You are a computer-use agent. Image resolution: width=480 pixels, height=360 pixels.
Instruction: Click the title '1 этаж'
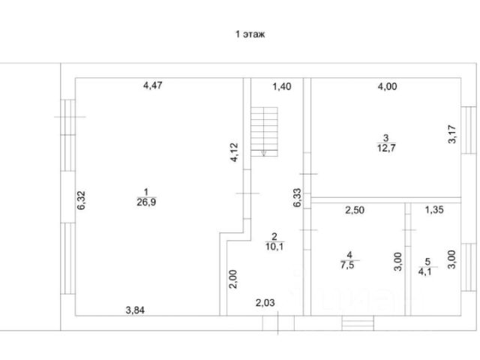[x=251, y=34]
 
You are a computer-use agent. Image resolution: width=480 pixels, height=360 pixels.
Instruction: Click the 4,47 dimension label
[x=153, y=85]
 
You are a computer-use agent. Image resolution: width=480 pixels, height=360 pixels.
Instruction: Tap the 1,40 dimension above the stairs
[x=280, y=87]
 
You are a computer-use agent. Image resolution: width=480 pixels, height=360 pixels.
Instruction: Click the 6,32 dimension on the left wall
[x=82, y=202]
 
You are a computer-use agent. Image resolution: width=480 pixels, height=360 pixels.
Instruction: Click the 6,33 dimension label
[x=297, y=198]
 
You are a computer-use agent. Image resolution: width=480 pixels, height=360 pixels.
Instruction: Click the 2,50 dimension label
[x=355, y=211]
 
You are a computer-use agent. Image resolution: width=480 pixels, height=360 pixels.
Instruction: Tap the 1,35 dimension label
[x=435, y=211]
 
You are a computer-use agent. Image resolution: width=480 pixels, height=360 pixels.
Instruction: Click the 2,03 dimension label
[x=265, y=303]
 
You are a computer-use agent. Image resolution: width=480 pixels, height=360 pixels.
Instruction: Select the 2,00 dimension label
[x=234, y=280]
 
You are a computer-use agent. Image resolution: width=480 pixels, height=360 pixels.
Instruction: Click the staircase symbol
[x=265, y=131]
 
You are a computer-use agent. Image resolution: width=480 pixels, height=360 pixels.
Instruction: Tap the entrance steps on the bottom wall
[x=358, y=323]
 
